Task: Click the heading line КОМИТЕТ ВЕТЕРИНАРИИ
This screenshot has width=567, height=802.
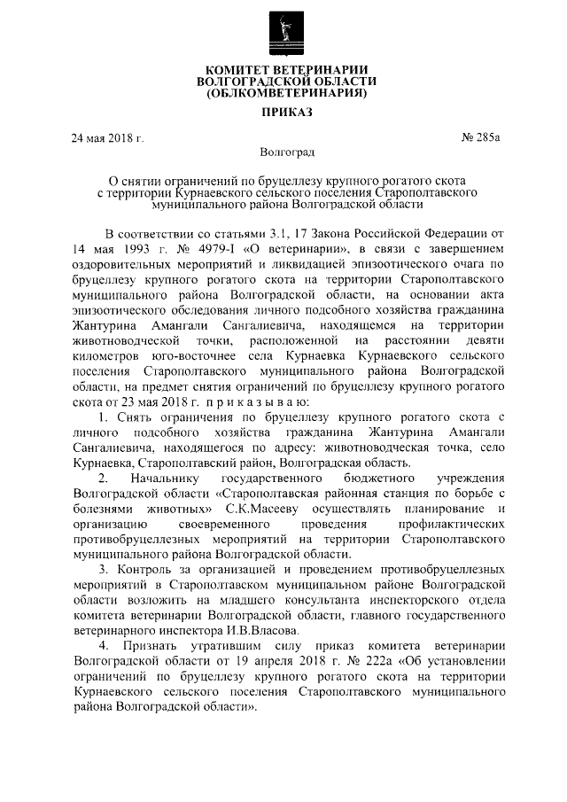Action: click(283, 69)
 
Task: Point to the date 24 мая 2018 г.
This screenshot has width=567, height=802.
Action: click(107, 137)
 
